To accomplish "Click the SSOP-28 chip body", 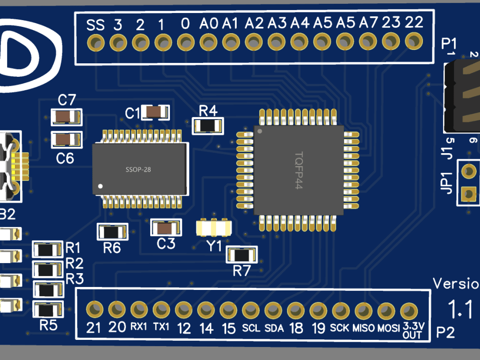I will [139, 169].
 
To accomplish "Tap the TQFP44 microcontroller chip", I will [299, 170].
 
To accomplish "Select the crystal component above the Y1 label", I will [214, 227].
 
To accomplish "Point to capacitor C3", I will [166, 228].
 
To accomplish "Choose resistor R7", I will [242, 255].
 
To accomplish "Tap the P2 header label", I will [445, 332].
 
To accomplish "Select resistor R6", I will [112, 232].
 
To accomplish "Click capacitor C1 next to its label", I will [155, 112].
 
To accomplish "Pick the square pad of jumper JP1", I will [468, 194].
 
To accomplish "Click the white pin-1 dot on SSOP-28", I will [100, 185].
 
